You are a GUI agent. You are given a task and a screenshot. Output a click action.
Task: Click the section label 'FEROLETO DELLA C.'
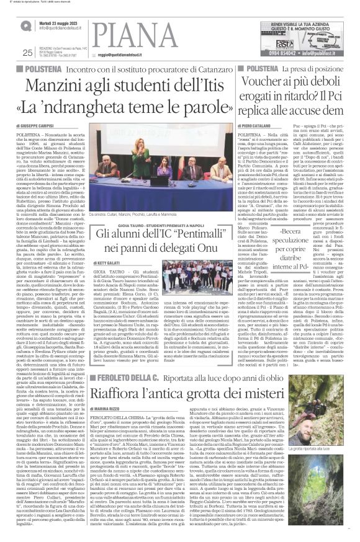124,342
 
